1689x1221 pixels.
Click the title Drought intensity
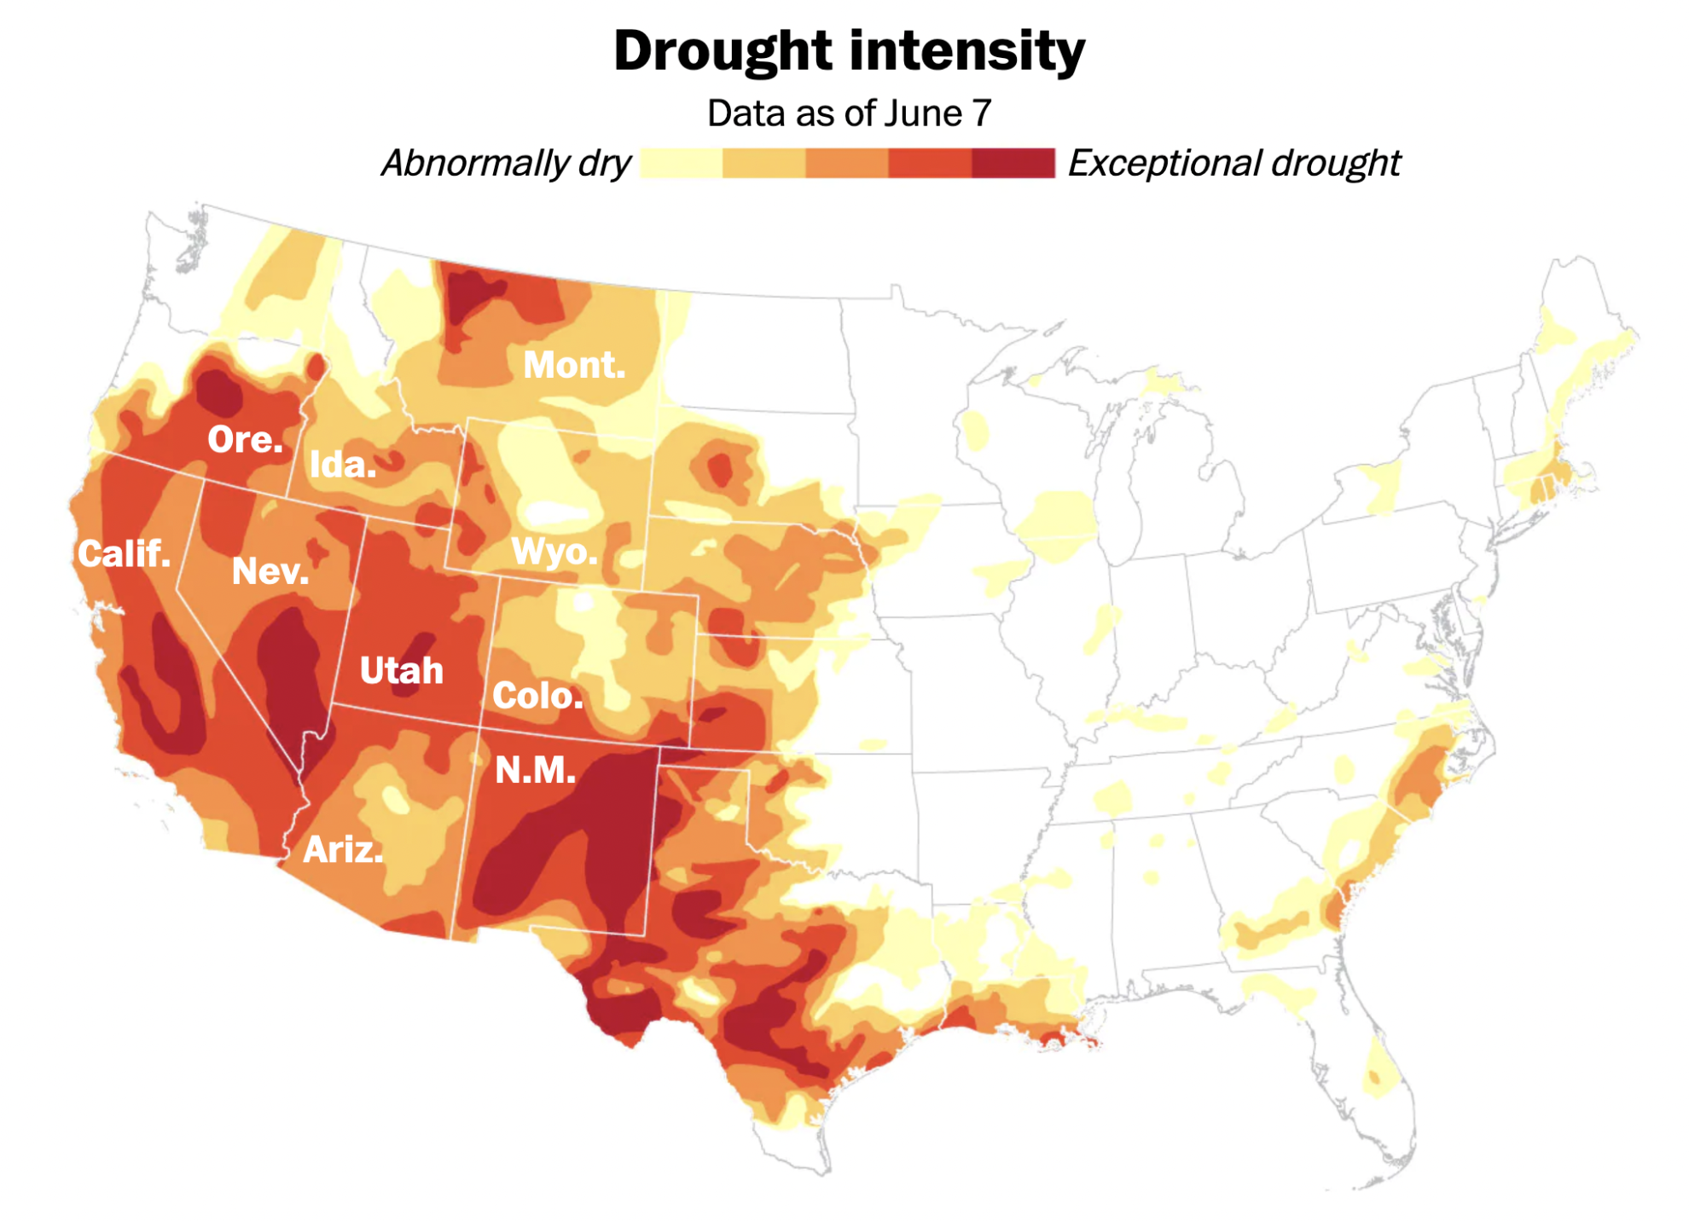(849, 51)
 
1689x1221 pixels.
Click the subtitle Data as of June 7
(849, 113)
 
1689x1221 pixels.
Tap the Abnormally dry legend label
(506, 163)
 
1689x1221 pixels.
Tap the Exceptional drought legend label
(1233, 163)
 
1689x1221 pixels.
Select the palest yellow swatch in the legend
(681, 163)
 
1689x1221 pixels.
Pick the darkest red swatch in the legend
(1013, 163)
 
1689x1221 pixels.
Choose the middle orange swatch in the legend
(847, 163)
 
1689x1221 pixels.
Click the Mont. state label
(574, 365)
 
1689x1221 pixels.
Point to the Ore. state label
(245, 439)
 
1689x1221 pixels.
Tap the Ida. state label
(342, 465)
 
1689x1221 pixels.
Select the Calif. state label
(125, 553)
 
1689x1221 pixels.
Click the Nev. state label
(270, 570)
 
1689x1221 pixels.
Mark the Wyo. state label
(554, 552)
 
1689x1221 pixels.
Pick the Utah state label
(401, 670)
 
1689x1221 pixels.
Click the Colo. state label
(537, 696)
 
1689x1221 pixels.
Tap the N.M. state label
(535, 770)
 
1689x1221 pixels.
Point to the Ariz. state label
(343, 849)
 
